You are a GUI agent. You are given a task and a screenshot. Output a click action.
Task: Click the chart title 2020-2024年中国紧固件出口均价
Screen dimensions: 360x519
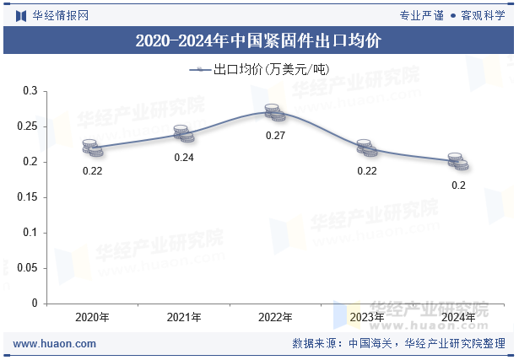point(258,40)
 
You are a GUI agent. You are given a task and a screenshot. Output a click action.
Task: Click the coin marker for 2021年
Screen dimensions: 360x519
point(184,133)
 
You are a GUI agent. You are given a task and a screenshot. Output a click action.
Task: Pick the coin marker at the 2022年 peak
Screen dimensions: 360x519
point(275,112)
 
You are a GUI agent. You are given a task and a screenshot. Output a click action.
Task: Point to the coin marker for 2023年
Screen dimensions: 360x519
point(366,148)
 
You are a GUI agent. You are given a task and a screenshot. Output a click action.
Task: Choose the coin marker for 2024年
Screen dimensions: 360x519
point(457,161)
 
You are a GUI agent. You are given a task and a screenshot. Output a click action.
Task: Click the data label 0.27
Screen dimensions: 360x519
point(275,136)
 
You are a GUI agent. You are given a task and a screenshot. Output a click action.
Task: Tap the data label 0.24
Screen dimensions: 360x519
point(184,158)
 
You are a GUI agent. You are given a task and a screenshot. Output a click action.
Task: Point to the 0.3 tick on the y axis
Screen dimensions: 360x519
point(30,90)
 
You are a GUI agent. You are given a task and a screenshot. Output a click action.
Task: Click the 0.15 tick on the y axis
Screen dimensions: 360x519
point(28,196)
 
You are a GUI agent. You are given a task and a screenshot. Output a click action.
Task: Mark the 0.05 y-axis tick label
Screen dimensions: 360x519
point(28,267)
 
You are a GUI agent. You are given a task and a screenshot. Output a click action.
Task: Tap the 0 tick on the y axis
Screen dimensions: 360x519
point(35,303)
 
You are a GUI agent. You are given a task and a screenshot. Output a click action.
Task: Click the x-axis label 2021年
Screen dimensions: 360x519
point(184,318)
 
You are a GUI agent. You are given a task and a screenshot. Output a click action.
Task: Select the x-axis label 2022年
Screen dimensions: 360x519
point(275,318)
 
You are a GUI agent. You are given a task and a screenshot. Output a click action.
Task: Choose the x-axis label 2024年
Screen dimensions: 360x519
point(457,318)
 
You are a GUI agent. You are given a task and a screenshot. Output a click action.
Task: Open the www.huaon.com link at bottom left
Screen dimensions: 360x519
point(56,344)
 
